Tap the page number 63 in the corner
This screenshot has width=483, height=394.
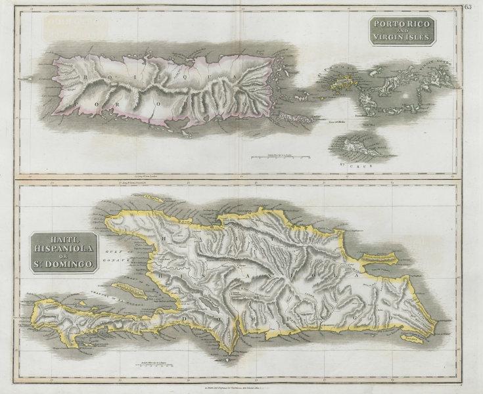pos(467,7)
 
